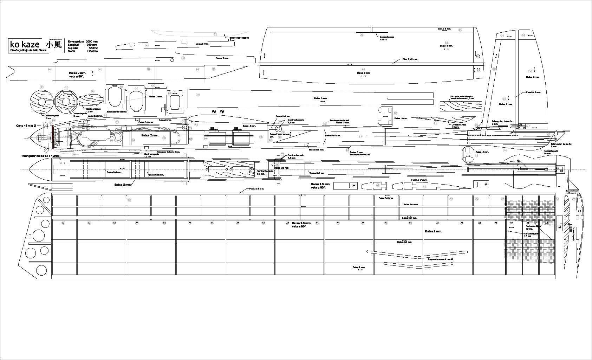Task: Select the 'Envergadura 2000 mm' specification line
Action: tap(83, 41)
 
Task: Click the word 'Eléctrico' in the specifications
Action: tap(92, 51)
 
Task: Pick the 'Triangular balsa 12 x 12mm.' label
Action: tap(40, 155)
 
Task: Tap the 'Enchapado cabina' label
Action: tap(117, 111)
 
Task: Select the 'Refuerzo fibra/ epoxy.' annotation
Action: tap(533, 227)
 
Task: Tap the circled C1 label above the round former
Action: tap(42, 87)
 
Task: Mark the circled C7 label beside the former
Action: tap(395, 113)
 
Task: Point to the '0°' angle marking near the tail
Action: tap(512, 133)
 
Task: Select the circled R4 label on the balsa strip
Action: tap(149, 69)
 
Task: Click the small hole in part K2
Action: tap(172, 60)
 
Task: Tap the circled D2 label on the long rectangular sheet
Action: tap(198, 95)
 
